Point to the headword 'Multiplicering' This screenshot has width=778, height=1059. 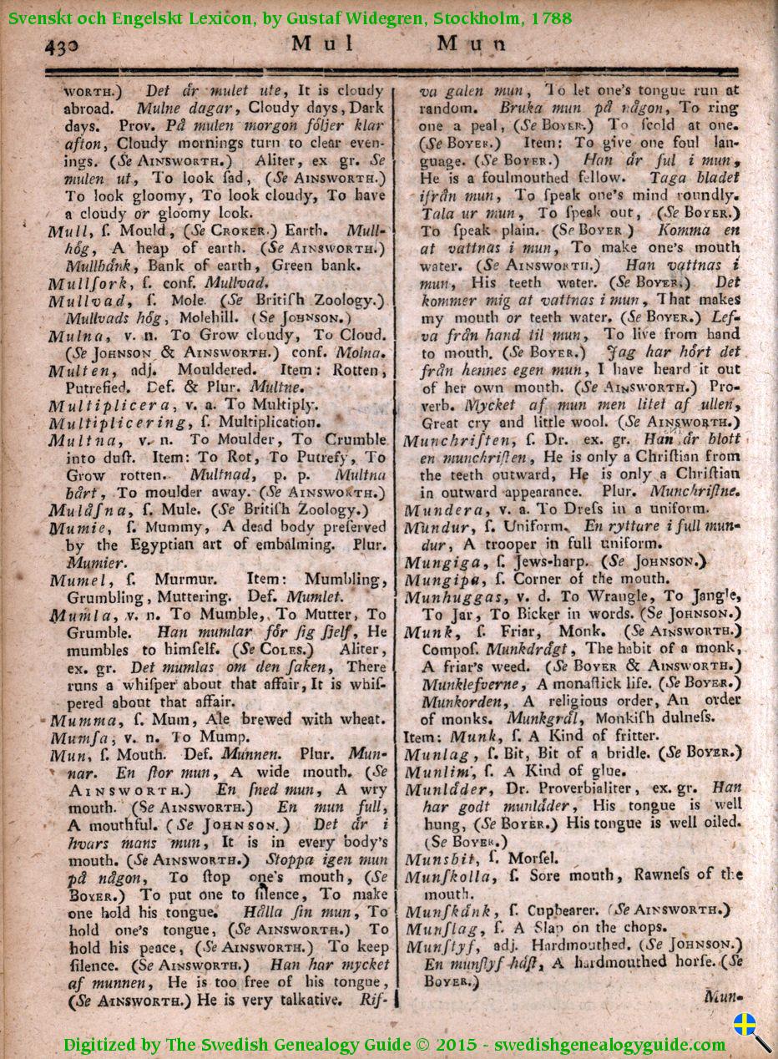(x=116, y=423)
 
